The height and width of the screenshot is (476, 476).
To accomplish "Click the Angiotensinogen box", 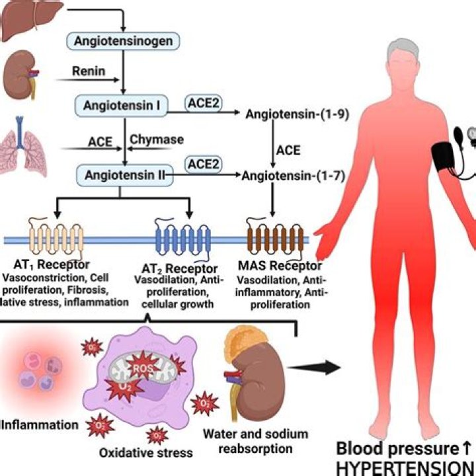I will (x=122, y=41).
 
